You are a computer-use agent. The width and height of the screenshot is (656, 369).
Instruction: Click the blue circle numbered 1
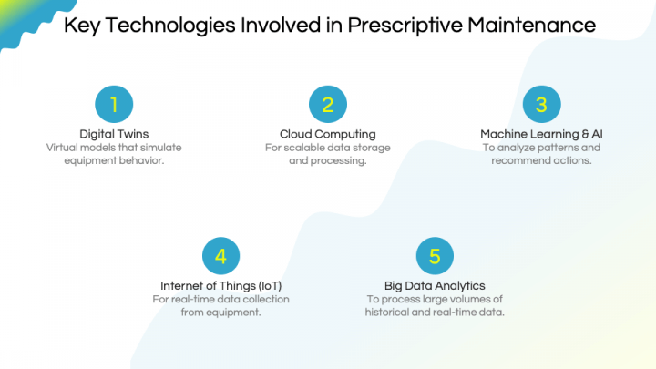coord(114,105)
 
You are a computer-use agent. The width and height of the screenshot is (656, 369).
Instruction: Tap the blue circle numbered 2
coord(327,105)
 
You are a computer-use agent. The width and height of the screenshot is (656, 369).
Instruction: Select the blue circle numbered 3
coord(541,105)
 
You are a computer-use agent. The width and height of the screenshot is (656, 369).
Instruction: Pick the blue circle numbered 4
coord(220,257)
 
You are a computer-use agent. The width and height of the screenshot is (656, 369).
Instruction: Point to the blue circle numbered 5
coord(435,257)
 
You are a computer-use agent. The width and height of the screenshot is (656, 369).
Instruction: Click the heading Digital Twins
coord(114,134)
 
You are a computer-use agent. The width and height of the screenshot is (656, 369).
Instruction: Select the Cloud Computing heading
coord(327,134)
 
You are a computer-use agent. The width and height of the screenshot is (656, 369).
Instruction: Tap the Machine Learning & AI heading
coord(541,134)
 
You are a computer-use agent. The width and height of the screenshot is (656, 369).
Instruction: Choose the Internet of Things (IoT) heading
coord(220,286)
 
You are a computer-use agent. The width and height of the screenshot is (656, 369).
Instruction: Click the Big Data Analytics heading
coord(435,286)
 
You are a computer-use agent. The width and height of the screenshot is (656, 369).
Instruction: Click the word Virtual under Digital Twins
coord(62,148)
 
